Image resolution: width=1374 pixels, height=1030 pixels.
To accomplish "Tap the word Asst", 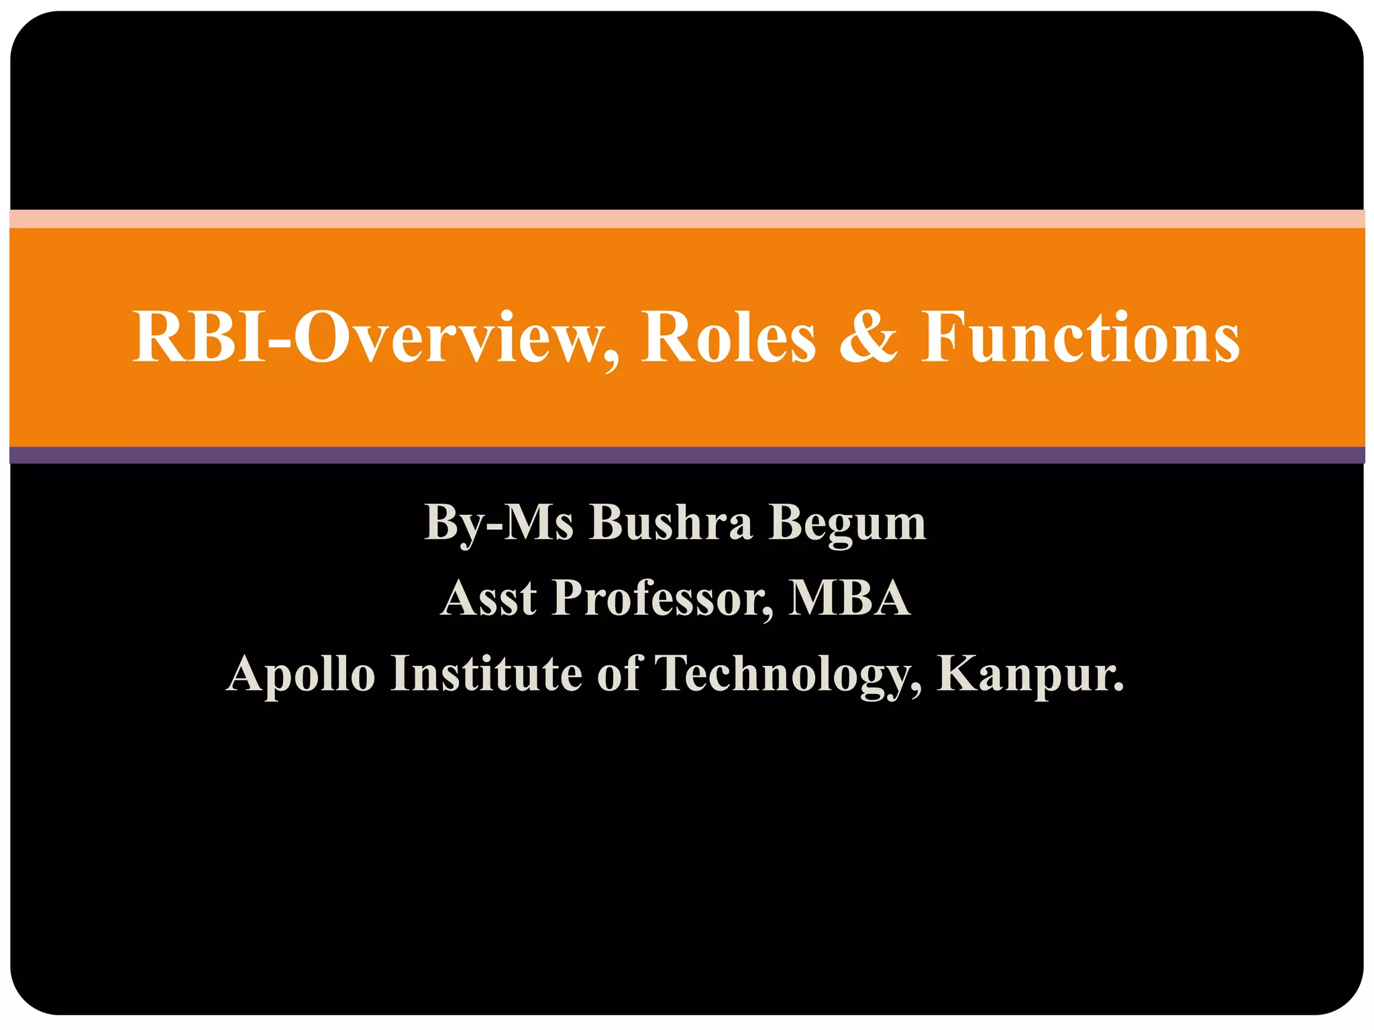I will point(489,598).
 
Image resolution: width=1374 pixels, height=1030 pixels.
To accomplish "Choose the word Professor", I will point(657,598).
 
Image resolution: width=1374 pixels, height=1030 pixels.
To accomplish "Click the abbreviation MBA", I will point(849,598).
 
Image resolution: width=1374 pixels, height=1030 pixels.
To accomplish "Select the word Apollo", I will point(301,675).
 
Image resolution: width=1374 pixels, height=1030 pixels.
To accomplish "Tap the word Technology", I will point(780,675).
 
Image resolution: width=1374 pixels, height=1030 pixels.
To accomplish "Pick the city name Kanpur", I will point(1022,675).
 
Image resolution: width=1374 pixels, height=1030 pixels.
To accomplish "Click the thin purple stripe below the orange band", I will point(687,455).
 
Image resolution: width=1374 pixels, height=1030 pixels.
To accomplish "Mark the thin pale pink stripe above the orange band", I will point(687,219).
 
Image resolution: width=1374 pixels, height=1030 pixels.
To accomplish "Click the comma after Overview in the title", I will point(611,362).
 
